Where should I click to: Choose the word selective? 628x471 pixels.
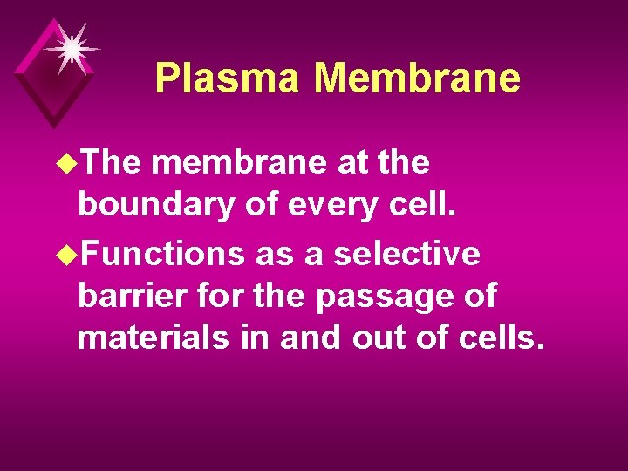point(406,254)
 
